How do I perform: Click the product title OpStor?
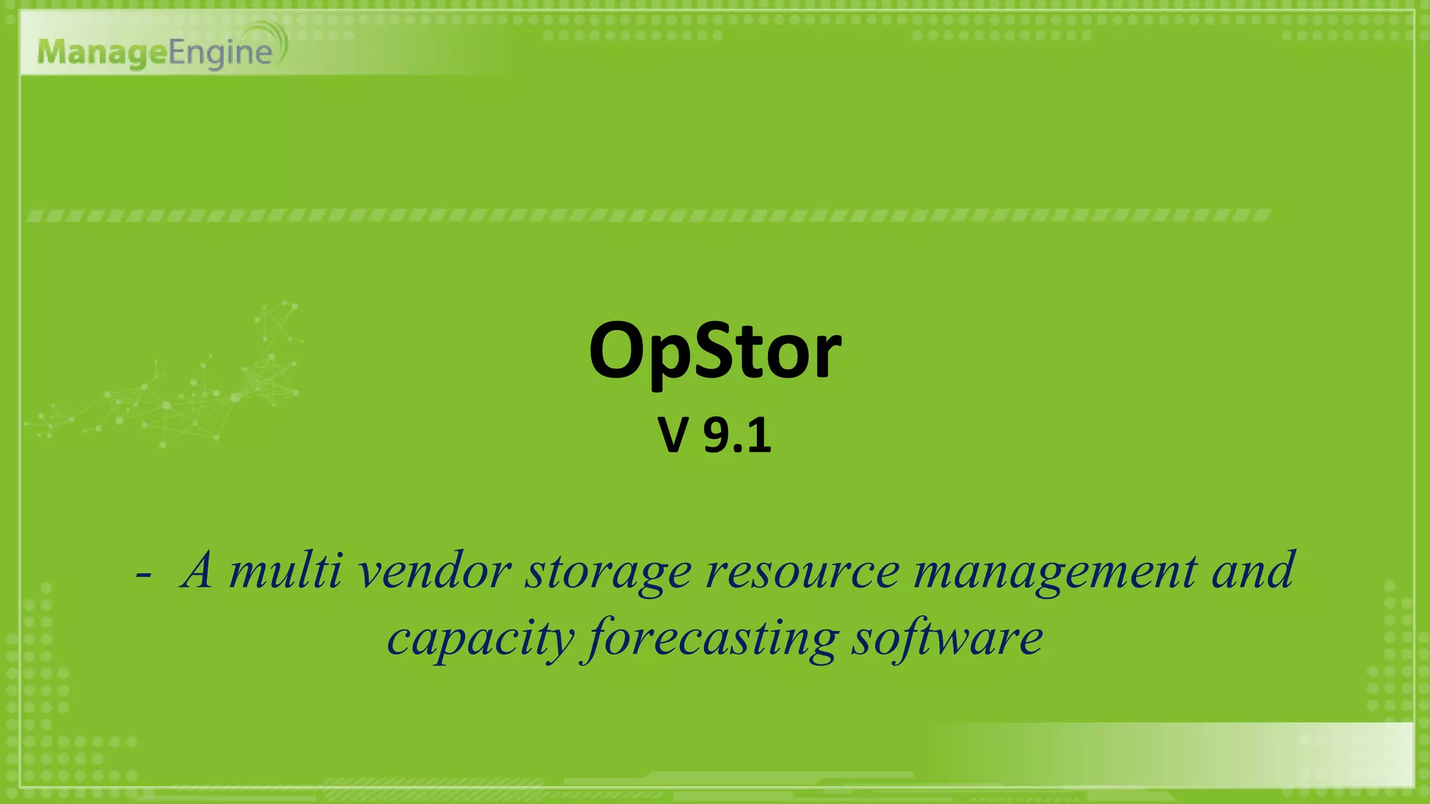tap(715, 351)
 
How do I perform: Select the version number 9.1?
tap(737, 435)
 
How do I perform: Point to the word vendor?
tap(434, 571)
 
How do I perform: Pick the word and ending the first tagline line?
tap(1253, 571)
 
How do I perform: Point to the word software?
tap(947, 638)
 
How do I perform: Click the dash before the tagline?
tap(144, 576)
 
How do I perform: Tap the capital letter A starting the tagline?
tap(197, 571)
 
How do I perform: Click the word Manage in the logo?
tap(103, 53)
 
